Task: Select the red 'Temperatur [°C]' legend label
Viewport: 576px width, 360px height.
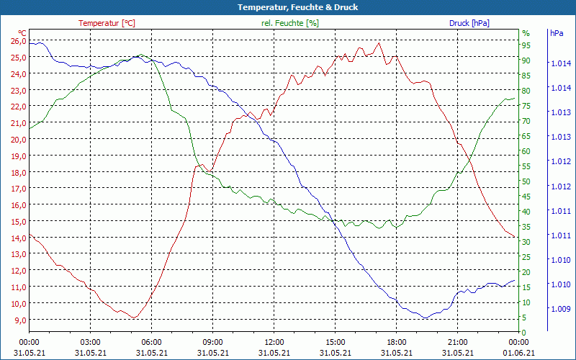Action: (107, 23)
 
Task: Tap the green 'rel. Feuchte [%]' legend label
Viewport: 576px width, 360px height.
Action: (289, 23)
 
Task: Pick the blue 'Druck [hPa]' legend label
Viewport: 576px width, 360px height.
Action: (469, 23)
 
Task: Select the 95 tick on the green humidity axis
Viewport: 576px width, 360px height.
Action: (526, 45)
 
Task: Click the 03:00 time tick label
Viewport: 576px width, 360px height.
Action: (90, 342)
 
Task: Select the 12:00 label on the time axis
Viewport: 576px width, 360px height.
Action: (274, 342)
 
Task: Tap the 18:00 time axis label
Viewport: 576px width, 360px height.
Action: (396, 342)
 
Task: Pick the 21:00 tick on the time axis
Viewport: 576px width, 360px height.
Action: (457, 342)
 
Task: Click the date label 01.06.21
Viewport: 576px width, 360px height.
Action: (518, 353)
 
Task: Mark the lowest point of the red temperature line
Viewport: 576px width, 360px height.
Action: (133, 318)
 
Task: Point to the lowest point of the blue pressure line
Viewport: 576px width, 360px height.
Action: (425, 318)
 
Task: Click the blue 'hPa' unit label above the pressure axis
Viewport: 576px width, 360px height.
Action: (557, 33)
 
